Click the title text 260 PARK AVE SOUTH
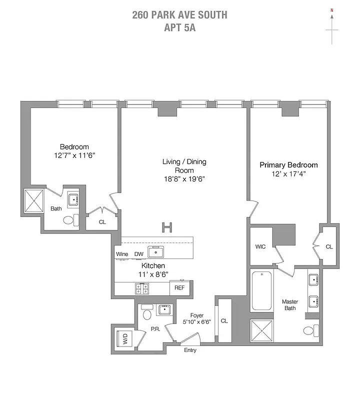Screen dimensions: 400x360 (179, 14)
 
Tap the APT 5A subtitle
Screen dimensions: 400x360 (179, 27)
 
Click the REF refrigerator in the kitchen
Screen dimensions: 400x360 (179, 288)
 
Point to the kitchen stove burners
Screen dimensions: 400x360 (142, 288)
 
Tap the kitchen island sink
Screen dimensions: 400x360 (156, 251)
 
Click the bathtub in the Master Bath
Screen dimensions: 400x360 (262, 291)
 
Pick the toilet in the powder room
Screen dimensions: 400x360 (147, 313)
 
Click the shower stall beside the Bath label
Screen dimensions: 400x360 (34, 200)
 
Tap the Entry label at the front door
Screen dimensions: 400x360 (190, 350)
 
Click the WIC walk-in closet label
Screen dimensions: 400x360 (260, 246)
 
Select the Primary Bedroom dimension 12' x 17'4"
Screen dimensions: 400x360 (288, 173)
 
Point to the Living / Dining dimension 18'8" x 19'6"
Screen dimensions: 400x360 (184, 178)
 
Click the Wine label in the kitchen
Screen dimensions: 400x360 (122, 254)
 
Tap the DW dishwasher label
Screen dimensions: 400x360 (138, 254)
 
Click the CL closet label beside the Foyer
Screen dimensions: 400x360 (224, 320)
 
